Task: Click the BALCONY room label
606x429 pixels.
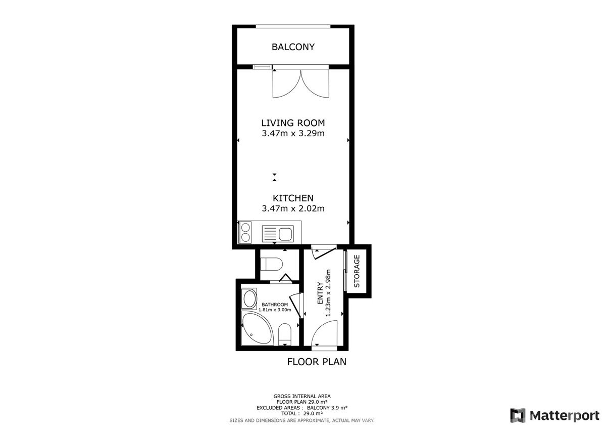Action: point(293,47)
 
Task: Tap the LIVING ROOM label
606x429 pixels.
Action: point(293,123)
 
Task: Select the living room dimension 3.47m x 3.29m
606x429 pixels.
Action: point(293,134)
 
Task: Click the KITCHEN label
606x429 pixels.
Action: point(293,198)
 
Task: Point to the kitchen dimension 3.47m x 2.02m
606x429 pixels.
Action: point(293,208)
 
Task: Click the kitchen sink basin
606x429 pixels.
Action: point(285,234)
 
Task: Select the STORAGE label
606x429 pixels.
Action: point(357,271)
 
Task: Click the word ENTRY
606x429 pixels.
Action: point(320,293)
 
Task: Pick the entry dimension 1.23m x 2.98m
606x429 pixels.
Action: point(328,293)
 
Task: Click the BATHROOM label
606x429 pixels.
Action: point(275,305)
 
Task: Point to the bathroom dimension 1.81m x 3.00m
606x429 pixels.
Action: point(275,310)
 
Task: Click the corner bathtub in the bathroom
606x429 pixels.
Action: point(257,329)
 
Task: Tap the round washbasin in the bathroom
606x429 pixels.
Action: point(249,298)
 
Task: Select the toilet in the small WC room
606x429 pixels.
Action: point(271,264)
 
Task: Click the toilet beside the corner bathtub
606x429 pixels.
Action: point(285,334)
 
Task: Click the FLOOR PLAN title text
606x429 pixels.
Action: point(317,362)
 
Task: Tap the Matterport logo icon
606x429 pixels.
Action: point(518,415)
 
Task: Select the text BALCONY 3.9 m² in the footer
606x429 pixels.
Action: point(327,408)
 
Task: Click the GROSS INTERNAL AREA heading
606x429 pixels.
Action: point(302,396)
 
